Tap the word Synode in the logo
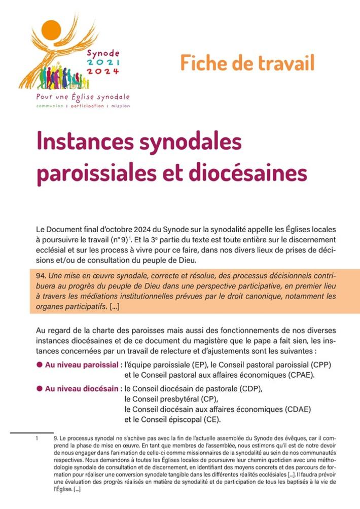coord(102,52)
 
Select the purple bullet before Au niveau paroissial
coord(40,365)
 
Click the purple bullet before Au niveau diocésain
coord(40,388)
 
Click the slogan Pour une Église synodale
coord(83,96)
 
